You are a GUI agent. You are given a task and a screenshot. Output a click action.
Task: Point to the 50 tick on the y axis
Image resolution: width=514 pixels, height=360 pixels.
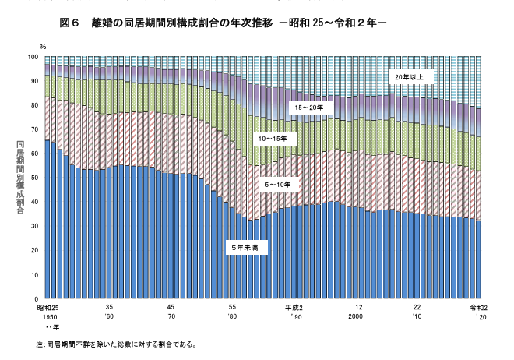[x=34, y=178]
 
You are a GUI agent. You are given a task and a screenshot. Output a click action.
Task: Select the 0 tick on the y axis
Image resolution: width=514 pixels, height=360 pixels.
[x=37, y=299]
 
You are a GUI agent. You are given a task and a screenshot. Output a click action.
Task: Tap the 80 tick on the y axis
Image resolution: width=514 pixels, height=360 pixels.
[x=34, y=105]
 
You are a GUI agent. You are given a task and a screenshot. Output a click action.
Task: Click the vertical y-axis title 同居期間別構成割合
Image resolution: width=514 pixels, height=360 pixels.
[x=19, y=178]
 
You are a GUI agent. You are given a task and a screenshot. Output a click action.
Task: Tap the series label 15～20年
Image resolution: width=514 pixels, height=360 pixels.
[x=306, y=106]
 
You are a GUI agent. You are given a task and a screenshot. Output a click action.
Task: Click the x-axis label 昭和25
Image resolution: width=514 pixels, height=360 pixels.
[x=49, y=309]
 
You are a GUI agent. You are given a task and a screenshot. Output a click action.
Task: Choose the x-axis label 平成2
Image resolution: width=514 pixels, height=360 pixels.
[x=294, y=309]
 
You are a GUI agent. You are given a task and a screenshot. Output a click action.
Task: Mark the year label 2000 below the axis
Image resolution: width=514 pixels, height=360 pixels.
[x=356, y=318]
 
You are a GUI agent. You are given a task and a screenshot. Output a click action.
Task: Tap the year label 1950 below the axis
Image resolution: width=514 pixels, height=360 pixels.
[x=49, y=318]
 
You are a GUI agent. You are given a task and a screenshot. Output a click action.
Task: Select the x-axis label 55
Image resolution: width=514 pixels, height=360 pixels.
[x=232, y=309]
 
